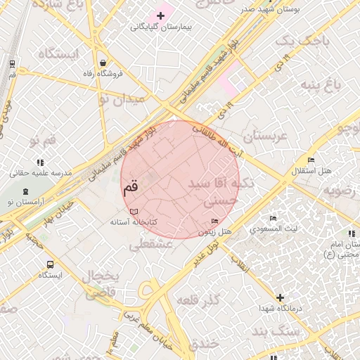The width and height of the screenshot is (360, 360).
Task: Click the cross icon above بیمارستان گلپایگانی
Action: (x=160, y=15)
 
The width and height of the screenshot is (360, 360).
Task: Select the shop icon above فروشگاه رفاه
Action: (x=103, y=62)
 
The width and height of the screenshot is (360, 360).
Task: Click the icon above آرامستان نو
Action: (x=26, y=191)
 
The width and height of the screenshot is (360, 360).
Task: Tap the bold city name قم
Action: (x=131, y=188)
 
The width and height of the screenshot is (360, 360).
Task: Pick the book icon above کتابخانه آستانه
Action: (x=134, y=210)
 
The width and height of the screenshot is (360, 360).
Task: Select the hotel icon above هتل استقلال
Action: (x=311, y=160)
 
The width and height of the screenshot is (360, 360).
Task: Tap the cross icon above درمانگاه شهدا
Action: (x=281, y=297)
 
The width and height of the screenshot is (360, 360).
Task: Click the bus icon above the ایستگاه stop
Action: (x=50, y=264)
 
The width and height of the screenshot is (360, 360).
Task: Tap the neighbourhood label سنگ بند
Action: (x=278, y=330)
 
